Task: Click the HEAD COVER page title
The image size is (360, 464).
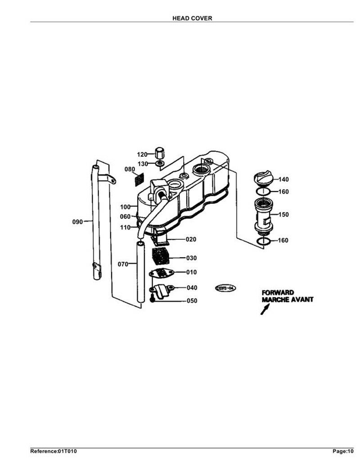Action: click(x=192, y=18)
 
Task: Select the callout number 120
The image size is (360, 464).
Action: click(x=142, y=155)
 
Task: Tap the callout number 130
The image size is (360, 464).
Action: click(x=142, y=163)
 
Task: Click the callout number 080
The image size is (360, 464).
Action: click(x=130, y=169)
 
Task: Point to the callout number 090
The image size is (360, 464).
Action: click(x=78, y=222)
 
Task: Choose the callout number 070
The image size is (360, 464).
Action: click(x=123, y=264)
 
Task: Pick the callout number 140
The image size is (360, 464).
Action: click(x=283, y=179)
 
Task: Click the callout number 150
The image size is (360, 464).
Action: click(x=283, y=214)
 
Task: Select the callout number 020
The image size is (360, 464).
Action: click(x=191, y=239)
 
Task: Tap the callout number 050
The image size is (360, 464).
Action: click(x=191, y=300)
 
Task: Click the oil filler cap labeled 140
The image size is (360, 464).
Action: click(x=263, y=177)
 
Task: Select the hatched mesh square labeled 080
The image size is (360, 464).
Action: click(x=139, y=179)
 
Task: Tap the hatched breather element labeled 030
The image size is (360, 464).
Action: click(x=160, y=256)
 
